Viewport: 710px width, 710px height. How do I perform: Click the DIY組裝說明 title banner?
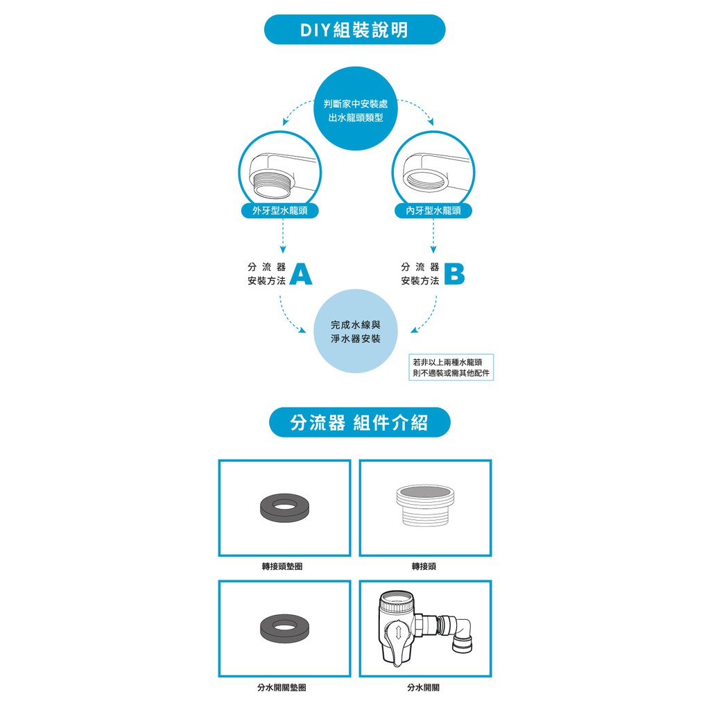coord(354,30)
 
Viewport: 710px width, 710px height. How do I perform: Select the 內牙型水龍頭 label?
coord(433,211)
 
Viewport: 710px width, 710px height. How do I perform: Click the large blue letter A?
coord(301,274)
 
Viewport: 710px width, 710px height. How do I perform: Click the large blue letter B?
coord(453,274)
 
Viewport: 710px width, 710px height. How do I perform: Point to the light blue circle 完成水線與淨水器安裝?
coord(356,331)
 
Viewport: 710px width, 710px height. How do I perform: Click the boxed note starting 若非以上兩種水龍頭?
coord(451,367)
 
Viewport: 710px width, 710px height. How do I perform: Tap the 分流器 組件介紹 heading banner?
coord(359,422)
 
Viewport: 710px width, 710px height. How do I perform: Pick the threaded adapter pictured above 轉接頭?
coord(424,508)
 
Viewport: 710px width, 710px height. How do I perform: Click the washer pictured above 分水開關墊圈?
coord(282,627)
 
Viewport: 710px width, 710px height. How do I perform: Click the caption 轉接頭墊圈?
coord(282,566)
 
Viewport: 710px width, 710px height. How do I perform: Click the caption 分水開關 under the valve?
coord(424,688)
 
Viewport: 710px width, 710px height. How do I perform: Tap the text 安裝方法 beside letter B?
coord(420,281)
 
